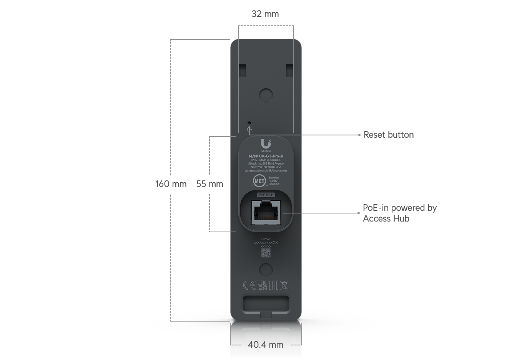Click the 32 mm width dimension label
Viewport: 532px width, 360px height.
point(265,14)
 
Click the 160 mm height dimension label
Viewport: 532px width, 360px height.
point(171,184)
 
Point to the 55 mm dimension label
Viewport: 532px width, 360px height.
point(209,184)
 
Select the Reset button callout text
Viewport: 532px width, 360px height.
point(389,135)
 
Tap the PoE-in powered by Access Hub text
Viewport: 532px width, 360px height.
point(400,213)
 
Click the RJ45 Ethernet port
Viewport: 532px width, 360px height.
point(266,213)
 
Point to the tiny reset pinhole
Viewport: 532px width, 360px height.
point(249,123)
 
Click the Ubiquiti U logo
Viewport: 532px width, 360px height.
point(266,144)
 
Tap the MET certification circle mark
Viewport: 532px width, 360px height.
point(259,181)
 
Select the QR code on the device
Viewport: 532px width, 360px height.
point(266,253)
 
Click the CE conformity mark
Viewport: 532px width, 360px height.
point(249,285)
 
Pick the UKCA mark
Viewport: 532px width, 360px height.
point(262,285)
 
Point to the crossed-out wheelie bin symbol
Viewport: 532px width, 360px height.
point(284,285)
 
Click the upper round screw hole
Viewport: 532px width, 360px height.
point(266,94)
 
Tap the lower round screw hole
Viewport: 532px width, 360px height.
point(266,269)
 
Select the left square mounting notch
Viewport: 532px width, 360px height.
point(243,70)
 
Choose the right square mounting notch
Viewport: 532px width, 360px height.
point(289,70)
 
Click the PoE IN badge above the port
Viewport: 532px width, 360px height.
point(266,195)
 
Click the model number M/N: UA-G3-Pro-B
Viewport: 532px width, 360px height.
point(266,156)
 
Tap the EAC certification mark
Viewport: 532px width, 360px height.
point(273,285)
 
